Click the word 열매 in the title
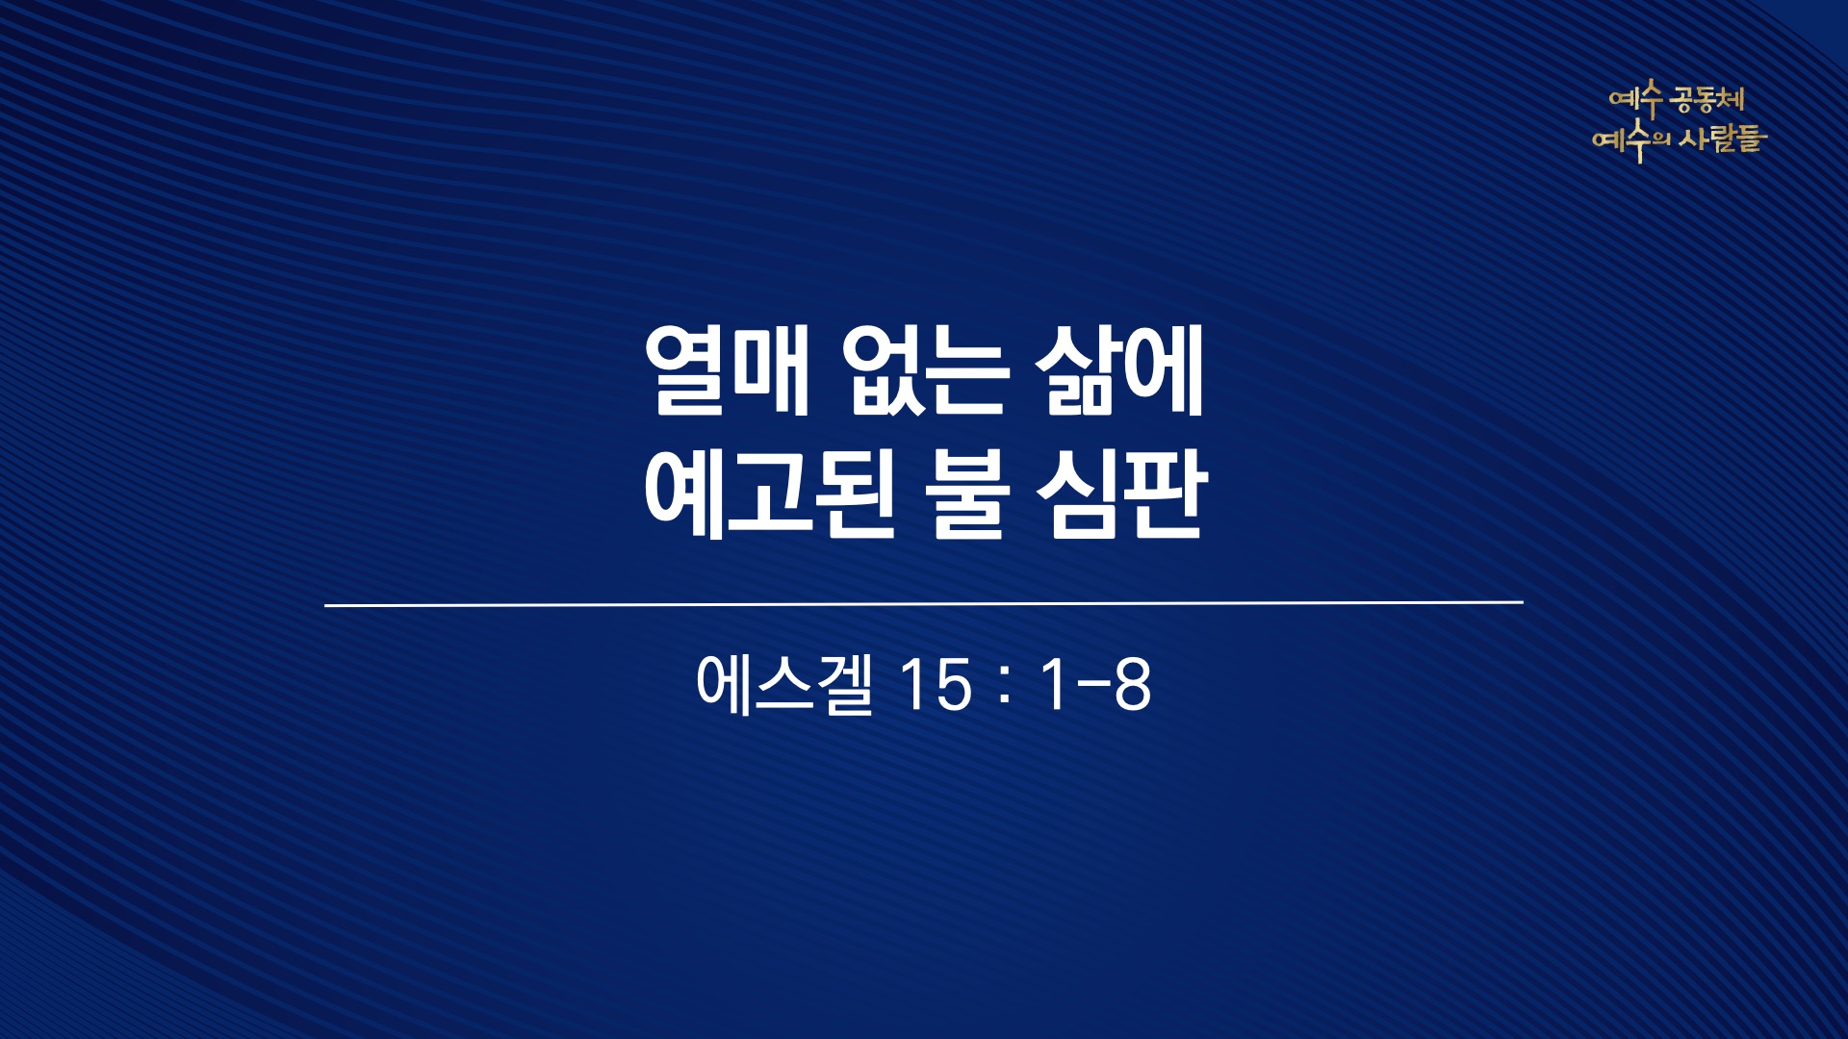pyautogui.click(x=727, y=372)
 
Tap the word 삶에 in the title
pyautogui.click(x=1120, y=372)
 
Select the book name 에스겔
pyautogui.click(x=784, y=684)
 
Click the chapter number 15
pyautogui.click(x=935, y=686)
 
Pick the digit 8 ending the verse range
pyautogui.click(x=1132, y=686)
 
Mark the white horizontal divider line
pyautogui.click(x=924, y=604)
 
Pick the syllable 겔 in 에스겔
pyautogui.click(x=844, y=684)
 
